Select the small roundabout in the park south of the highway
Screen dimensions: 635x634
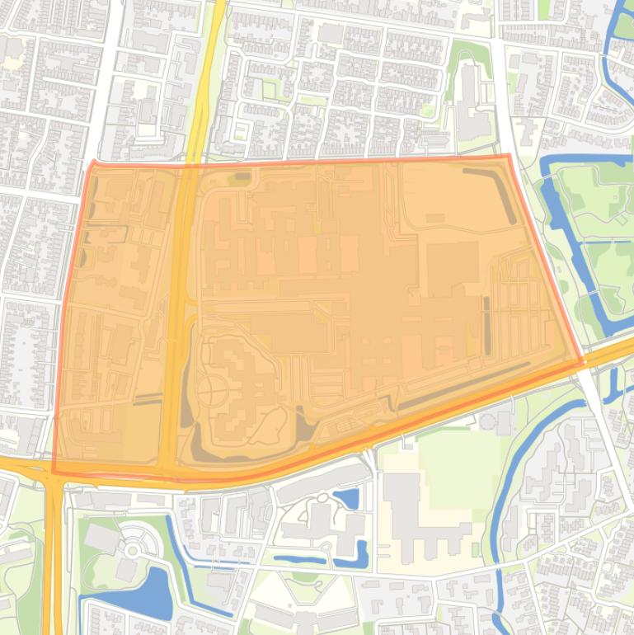point(132,549)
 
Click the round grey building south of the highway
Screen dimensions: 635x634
point(488,421)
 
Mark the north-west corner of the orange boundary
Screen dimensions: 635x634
point(92,164)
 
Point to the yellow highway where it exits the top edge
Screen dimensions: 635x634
point(219,4)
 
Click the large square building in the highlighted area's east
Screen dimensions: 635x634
point(452,268)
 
